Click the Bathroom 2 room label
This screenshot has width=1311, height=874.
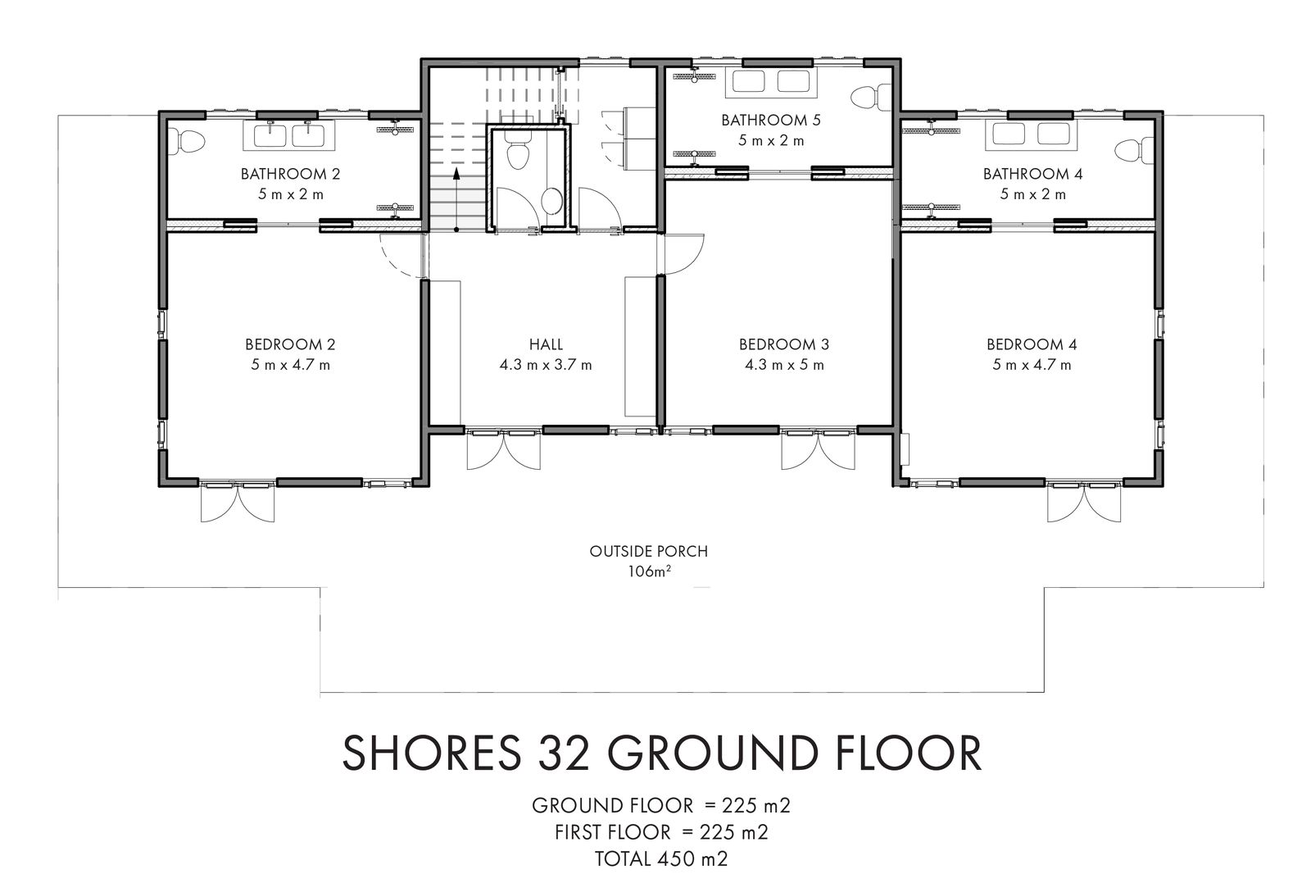tap(290, 174)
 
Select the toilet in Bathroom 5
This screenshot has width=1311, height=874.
tap(872, 98)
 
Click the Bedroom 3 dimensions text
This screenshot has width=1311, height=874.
tap(784, 365)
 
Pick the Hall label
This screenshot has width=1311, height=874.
tap(546, 344)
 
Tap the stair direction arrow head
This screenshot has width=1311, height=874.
tap(456, 173)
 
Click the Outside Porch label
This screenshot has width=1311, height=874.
tap(648, 551)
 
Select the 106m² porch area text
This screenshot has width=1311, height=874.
tap(649, 571)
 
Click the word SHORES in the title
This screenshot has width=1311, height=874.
tap(431, 753)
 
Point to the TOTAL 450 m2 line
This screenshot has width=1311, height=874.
tap(661, 858)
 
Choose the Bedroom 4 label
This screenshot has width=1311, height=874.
tap(1032, 344)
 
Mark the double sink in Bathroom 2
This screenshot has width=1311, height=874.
tap(289, 135)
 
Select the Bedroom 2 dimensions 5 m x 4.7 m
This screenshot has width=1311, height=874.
tap(291, 365)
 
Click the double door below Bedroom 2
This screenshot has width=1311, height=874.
tap(238, 502)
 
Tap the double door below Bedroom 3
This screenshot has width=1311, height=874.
tap(819, 450)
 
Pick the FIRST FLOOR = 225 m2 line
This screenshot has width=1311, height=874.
tap(661, 832)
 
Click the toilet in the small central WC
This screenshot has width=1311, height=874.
tap(518, 153)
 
